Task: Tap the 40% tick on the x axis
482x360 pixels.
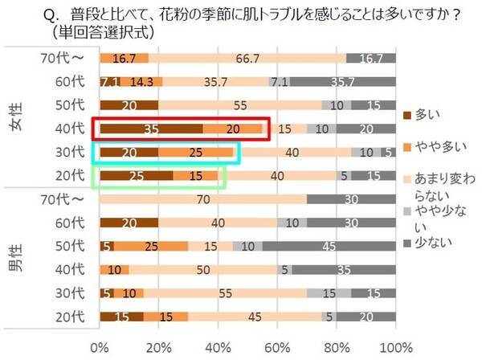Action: pyautogui.click(x=217, y=347)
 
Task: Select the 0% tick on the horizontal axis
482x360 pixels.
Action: pyautogui.click(x=100, y=347)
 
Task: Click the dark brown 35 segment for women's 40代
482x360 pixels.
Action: pyautogui.click(x=150, y=129)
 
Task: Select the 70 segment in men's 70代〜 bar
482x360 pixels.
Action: pyautogui.click(x=202, y=198)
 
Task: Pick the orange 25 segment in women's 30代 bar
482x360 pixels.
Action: pyautogui.click(x=195, y=152)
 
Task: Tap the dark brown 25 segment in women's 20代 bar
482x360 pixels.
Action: pyautogui.click(x=136, y=175)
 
